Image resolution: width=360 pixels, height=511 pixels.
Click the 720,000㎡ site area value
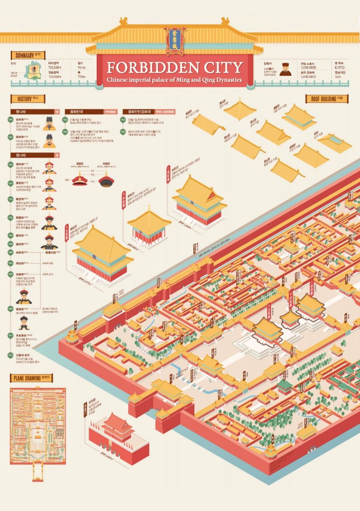(x=55, y=68)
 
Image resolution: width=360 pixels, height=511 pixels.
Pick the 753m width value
(x=81, y=77)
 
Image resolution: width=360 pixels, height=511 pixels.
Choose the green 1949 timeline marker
(x=123, y=119)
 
